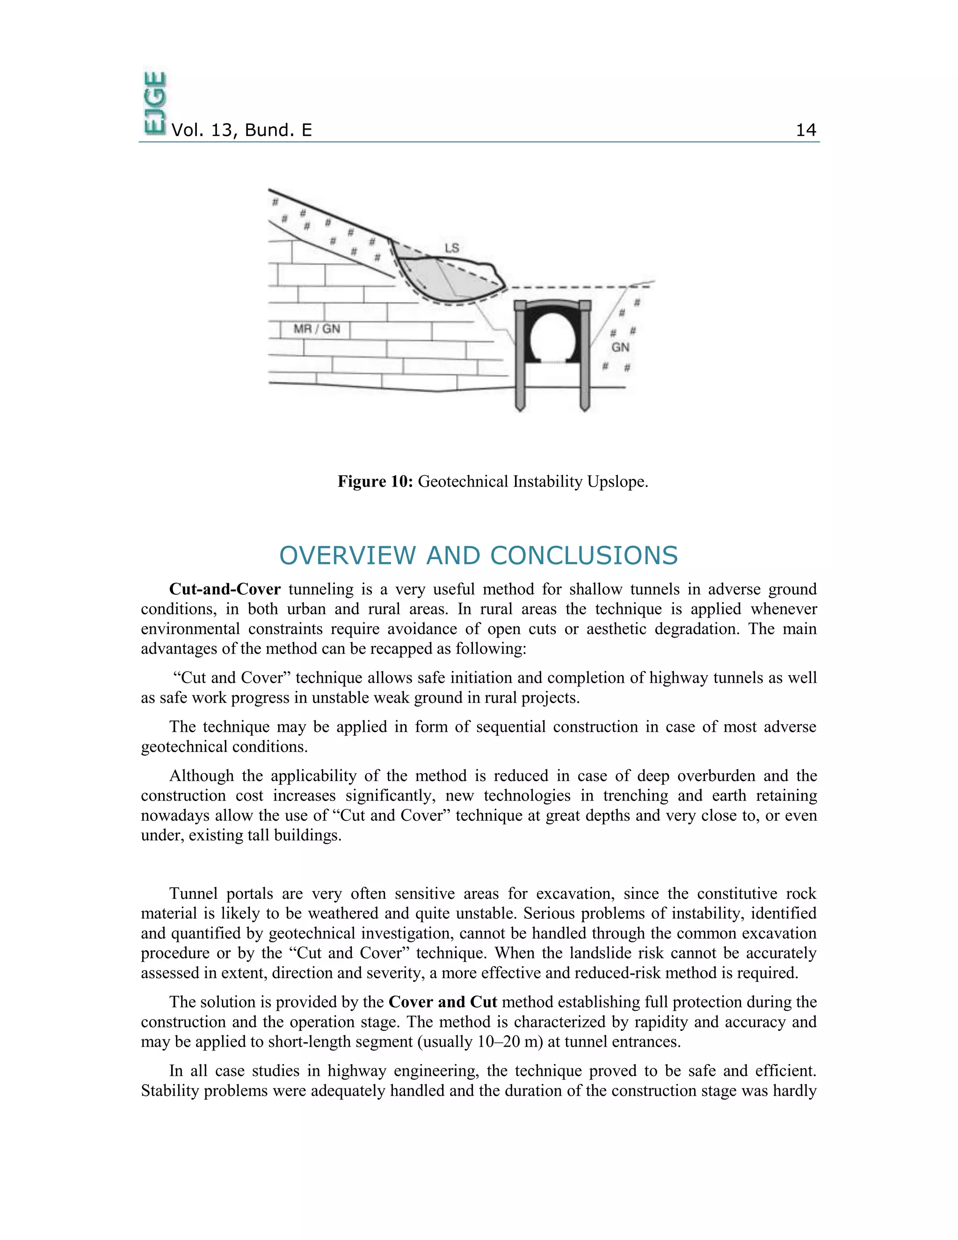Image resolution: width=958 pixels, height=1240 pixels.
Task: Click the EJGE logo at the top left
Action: (x=155, y=103)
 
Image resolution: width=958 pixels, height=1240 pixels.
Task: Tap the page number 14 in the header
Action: (x=806, y=130)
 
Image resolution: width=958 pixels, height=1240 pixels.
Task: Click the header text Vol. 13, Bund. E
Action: (x=241, y=130)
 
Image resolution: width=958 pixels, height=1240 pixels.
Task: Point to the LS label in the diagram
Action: (x=452, y=248)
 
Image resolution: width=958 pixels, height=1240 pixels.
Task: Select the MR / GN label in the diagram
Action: (x=317, y=329)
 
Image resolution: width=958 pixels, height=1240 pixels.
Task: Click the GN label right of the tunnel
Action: (x=620, y=347)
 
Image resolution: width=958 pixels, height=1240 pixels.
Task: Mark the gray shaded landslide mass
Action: (x=454, y=278)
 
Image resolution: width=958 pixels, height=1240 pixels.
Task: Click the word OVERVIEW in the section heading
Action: (x=348, y=555)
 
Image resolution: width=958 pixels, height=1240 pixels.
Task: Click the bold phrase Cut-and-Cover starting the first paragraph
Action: (x=225, y=589)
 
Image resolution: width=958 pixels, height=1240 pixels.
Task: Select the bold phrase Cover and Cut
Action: (x=443, y=1002)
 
